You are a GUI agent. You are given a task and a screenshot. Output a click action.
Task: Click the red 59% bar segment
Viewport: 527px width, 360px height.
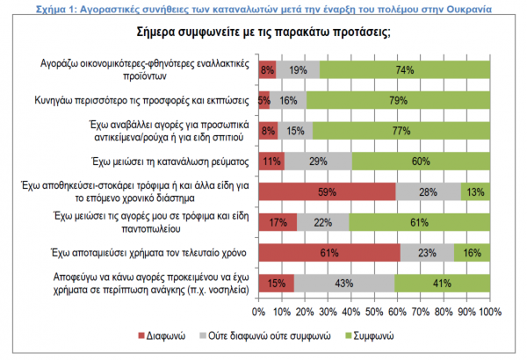(x=327, y=191)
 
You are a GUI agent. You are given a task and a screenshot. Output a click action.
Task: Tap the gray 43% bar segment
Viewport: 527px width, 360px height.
(x=343, y=284)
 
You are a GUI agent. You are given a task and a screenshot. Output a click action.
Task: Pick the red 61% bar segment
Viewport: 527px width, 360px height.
(x=329, y=253)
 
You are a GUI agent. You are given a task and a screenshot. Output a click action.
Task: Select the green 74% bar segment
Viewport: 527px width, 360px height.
(x=404, y=69)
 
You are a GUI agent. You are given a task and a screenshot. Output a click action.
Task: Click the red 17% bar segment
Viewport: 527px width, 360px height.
(x=278, y=223)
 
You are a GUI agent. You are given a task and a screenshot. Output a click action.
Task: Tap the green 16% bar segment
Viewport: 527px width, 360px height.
(x=472, y=253)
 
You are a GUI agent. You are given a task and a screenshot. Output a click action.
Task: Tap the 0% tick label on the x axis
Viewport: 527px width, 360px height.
(x=259, y=311)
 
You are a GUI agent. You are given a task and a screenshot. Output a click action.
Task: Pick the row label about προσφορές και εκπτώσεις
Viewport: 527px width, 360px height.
(x=142, y=100)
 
